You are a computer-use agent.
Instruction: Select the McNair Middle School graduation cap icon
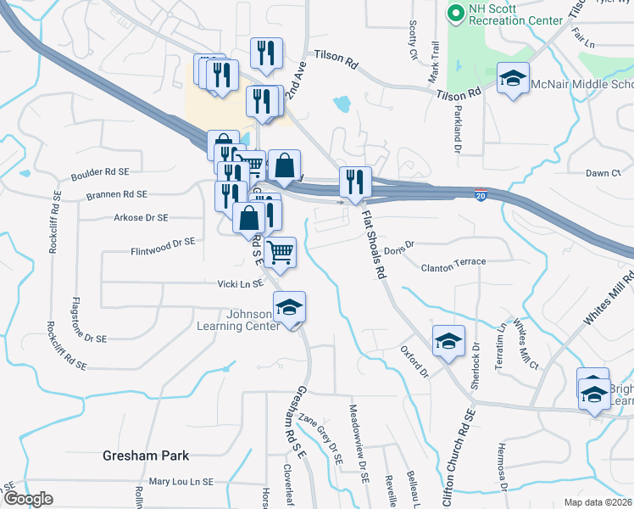click(x=513, y=79)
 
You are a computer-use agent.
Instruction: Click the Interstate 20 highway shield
click(x=481, y=195)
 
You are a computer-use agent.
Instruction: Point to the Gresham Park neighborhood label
click(x=145, y=455)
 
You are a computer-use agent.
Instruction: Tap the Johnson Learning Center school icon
click(x=289, y=307)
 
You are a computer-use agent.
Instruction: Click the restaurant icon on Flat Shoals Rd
click(x=355, y=182)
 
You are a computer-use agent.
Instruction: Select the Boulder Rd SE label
click(x=100, y=172)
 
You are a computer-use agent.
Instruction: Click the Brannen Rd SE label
click(x=116, y=194)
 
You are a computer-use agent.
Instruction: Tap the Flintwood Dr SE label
click(x=163, y=242)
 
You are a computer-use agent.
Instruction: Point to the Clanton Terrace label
click(x=453, y=263)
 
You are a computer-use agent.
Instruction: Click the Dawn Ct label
click(x=603, y=173)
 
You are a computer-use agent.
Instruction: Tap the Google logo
click(x=28, y=499)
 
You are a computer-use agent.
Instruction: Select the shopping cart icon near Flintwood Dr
click(x=281, y=251)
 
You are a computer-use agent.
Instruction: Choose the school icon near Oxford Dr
click(x=448, y=341)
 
